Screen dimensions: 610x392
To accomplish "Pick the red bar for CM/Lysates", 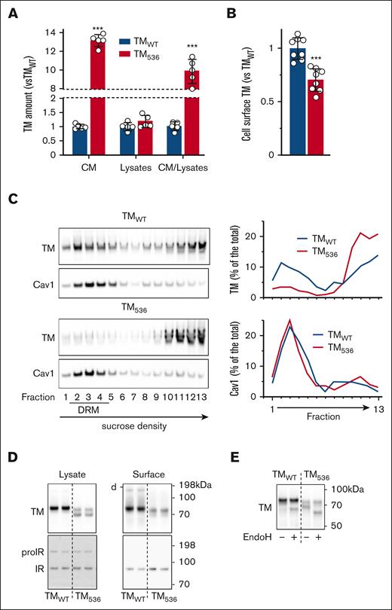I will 194,112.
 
